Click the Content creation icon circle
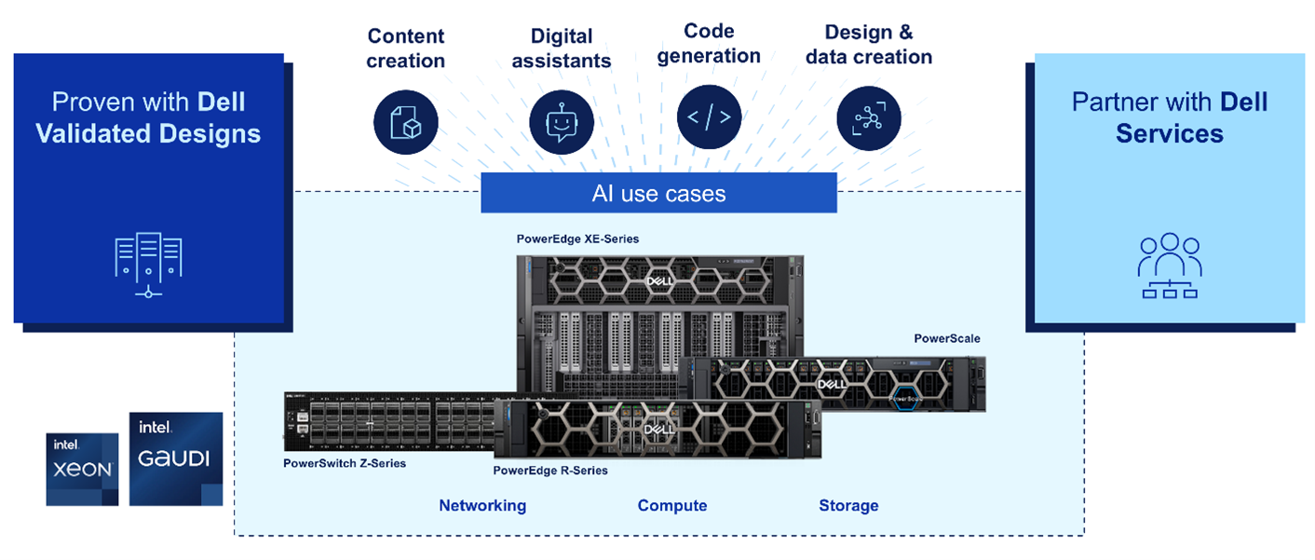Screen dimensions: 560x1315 406,121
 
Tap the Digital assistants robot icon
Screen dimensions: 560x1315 562,122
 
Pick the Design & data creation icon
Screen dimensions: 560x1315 869,119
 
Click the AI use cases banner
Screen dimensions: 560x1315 658,193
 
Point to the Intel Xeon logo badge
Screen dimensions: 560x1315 82,469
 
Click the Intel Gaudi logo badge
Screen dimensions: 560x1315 176,458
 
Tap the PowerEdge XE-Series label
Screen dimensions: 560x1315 577,239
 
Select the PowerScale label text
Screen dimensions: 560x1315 946,338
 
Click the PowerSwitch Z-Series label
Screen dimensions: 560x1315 345,463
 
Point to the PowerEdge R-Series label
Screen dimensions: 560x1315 550,471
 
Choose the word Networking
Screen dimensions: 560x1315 482,506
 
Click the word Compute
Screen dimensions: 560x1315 672,506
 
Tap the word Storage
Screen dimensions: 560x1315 848,506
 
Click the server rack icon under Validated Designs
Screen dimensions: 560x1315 148,265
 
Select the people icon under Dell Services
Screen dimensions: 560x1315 1169,266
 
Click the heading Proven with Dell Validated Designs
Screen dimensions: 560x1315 148,117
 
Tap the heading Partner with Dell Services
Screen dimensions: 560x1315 1170,117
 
